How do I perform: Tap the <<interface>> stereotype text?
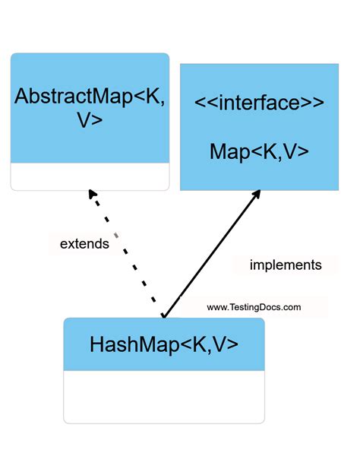259,103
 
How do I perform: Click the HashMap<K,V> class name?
164,344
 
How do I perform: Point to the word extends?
84,245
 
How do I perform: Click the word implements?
286,265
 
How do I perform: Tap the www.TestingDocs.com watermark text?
254,308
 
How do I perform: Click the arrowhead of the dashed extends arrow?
93,195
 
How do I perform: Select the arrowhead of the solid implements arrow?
257,194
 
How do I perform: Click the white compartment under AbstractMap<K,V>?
90,176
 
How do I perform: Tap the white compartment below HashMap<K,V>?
164,396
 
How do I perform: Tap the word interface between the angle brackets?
259,103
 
